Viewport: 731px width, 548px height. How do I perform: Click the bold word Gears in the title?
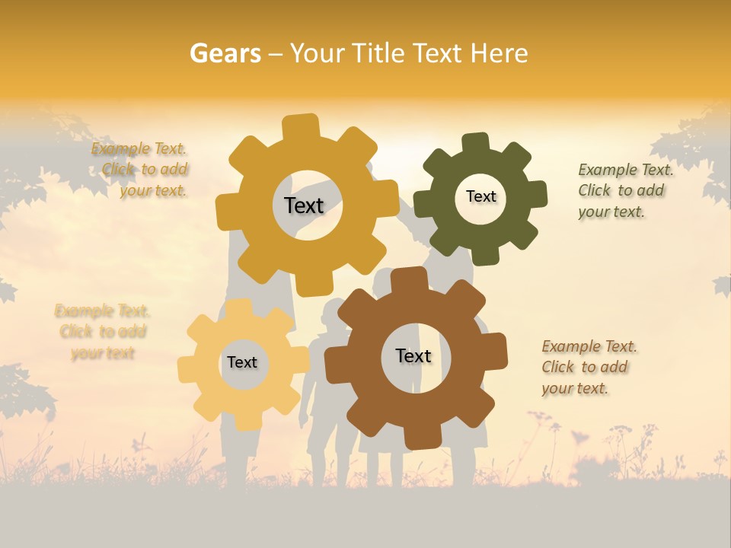pyautogui.click(x=225, y=53)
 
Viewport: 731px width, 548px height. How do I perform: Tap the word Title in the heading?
pyautogui.click(x=381, y=53)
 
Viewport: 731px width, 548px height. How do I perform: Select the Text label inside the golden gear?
pyautogui.click(x=304, y=205)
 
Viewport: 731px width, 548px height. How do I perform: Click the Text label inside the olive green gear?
pyautogui.click(x=480, y=196)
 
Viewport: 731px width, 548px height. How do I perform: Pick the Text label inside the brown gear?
pyautogui.click(x=413, y=355)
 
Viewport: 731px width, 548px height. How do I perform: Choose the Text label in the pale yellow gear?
pyautogui.click(x=242, y=362)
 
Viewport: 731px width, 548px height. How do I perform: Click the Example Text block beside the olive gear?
pyautogui.click(x=625, y=191)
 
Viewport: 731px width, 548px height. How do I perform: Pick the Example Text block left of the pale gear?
pyautogui.click(x=102, y=332)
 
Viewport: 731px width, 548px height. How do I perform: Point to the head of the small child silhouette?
pyautogui.click(x=333, y=313)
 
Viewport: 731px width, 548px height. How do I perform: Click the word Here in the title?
pyautogui.click(x=500, y=53)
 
